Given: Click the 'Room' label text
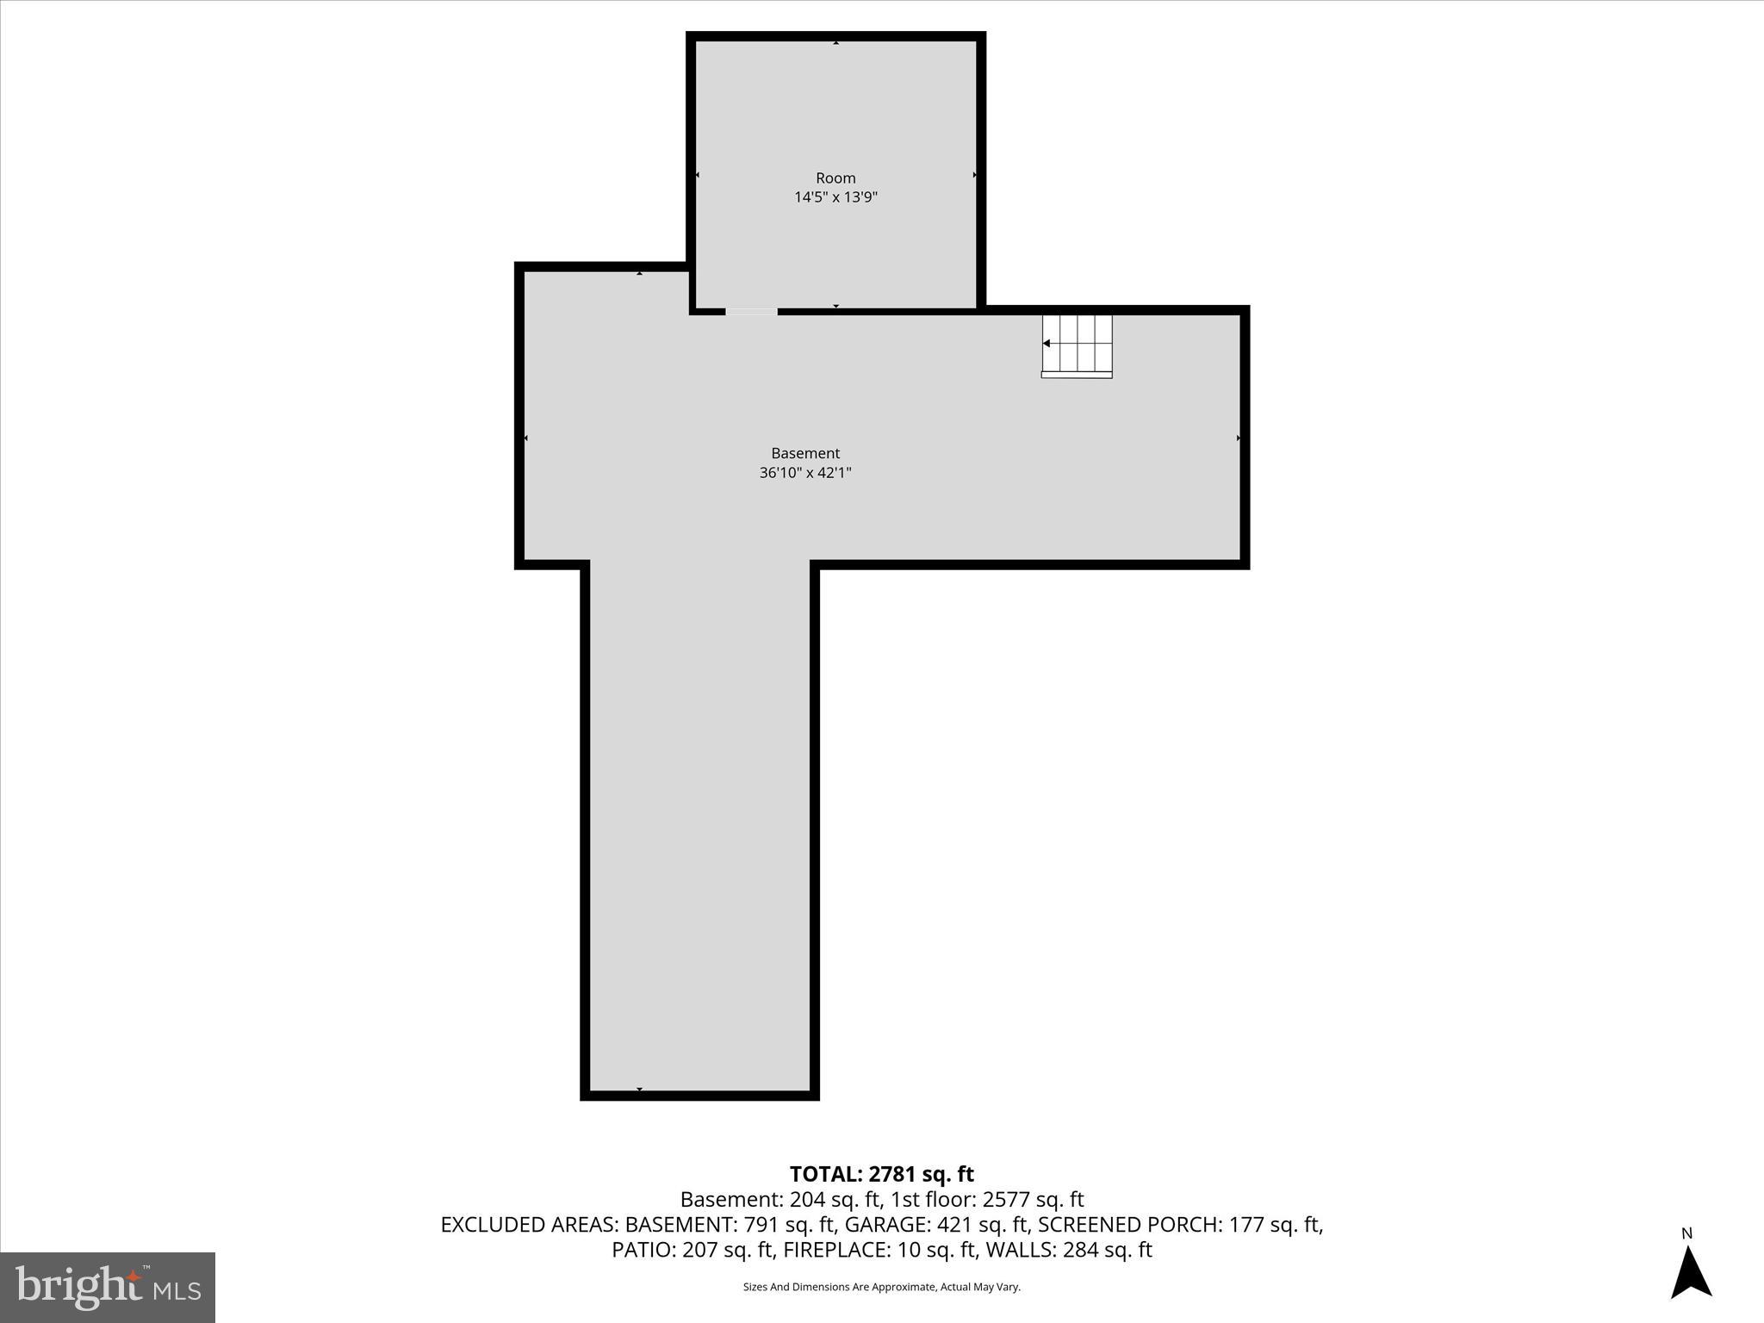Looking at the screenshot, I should (835, 178).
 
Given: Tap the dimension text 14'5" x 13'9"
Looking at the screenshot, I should (835, 197).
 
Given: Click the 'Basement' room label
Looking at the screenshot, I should (804, 453).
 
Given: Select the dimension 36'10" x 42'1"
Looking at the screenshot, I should (804, 472).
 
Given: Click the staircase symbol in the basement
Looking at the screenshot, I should (1077, 345).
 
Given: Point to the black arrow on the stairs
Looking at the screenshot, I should (1047, 344).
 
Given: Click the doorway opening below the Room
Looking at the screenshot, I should (751, 312).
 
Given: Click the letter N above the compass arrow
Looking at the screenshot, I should (1686, 1233).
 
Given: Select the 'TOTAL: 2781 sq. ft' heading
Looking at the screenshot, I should (881, 1174).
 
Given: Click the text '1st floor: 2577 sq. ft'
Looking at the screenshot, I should (987, 1199).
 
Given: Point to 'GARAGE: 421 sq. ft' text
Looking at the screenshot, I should (937, 1224).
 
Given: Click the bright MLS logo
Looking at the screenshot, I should (108, 1287).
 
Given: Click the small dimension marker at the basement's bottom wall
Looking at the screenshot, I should (639, 1090).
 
